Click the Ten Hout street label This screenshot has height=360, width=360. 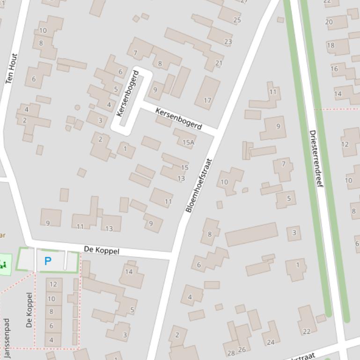11,68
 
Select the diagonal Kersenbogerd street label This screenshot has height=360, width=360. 178,119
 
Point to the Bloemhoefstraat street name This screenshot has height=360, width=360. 199,186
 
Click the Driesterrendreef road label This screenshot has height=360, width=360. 316,159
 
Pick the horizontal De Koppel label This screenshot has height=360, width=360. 102,251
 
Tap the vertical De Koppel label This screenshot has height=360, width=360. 29,310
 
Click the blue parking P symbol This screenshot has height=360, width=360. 48,261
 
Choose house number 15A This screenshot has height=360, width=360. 188,142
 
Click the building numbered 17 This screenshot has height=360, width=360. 207,100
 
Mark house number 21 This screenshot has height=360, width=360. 219,63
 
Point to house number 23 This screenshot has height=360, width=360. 228,42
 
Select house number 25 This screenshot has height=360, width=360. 237,20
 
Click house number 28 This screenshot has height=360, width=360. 231,353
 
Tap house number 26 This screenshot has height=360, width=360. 242,349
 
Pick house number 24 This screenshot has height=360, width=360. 271,342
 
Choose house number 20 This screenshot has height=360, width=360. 329,22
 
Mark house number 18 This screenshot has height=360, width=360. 331,45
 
